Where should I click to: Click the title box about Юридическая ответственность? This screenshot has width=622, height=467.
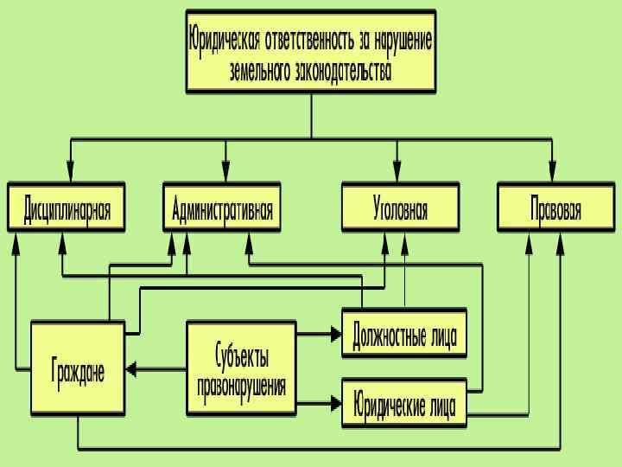click(x=311, y=51)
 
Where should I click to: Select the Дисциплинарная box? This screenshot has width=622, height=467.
click(x=67, y=208)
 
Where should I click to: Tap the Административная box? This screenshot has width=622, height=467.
click(x=222, y=208)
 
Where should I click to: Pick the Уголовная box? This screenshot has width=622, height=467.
click(x=400, y=208)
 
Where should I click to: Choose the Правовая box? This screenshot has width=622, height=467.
click(x=555, y=208)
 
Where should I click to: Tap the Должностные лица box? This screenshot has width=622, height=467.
click(x=404, y=333)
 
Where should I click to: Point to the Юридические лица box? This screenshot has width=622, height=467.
click(x=404, y=403)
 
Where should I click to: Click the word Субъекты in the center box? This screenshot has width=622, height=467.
click(x=241, y=355)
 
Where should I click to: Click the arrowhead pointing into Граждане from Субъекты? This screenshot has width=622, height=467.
click(x=132, y=369)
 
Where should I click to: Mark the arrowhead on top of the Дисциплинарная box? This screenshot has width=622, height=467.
click(x=69, y=172)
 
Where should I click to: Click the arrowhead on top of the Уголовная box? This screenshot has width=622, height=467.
click(x=397, y=172)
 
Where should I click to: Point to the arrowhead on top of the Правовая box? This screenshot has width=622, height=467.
click(x=553, y=172)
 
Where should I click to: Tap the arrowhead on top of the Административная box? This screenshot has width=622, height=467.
click(x=225, y=172)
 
